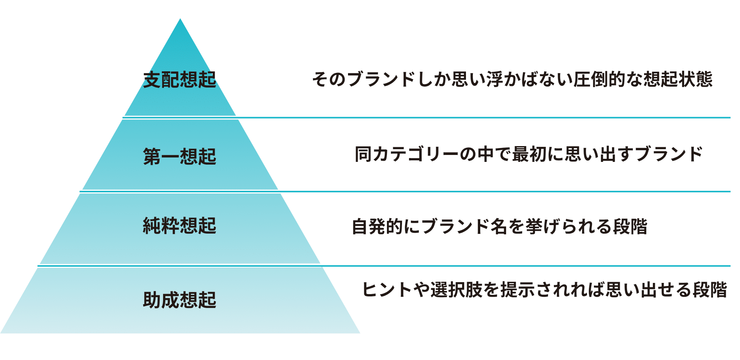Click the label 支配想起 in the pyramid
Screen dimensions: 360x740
pyautogui.click(x=180, y=80)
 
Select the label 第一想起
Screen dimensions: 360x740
pyautogui.click(x=180, y=156)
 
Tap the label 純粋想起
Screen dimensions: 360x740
pyautogui.click(x=180, y=225)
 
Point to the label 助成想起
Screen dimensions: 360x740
pyautogui.click(x=180, y=299)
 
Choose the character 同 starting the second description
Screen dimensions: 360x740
pyautogui.click(x=363, y=154)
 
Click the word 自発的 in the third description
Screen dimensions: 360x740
pyautogui.click(x=377, y=226)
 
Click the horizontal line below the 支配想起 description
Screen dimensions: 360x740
pyautogui.click(x=482, y=118)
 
